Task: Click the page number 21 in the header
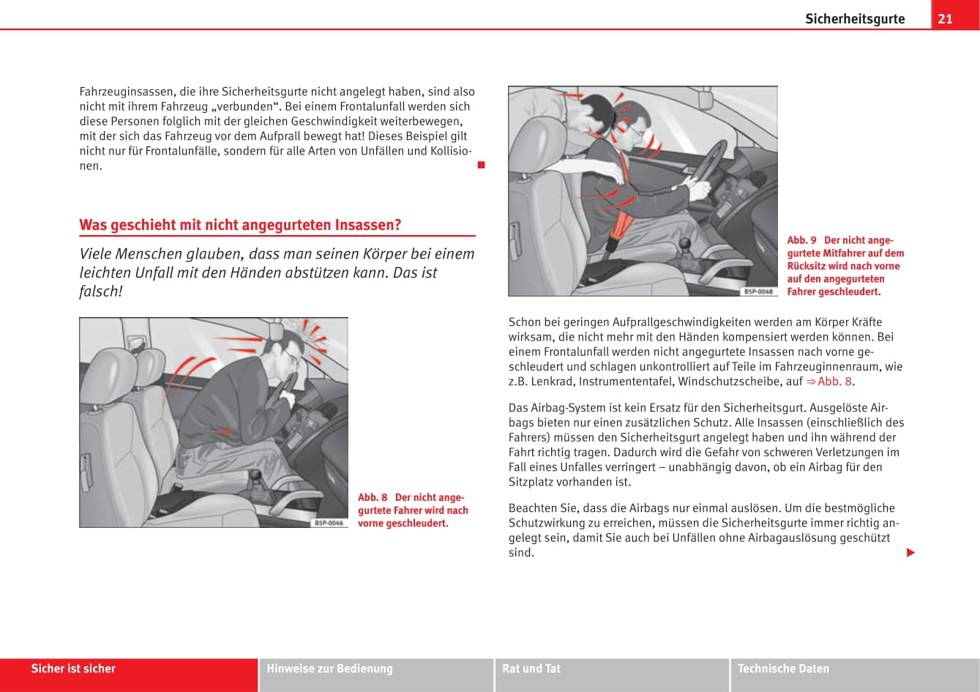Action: [945, 18]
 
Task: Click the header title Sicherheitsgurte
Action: [855, 19]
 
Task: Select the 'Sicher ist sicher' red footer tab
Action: [73, 669]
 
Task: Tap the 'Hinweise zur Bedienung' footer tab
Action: [329, 669]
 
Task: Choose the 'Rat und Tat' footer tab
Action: [531, 669]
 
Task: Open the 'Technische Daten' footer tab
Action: [783, 669]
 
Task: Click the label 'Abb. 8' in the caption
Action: [373, 498]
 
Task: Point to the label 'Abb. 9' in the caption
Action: [801, 240]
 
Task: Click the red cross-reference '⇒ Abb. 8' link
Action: [829, 382]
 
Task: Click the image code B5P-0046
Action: [329, 522]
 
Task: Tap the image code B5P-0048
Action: [758, 291]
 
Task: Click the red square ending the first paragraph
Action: [481, 165]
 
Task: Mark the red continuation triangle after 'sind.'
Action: [910, 552]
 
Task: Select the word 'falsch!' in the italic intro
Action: [100, 291]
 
